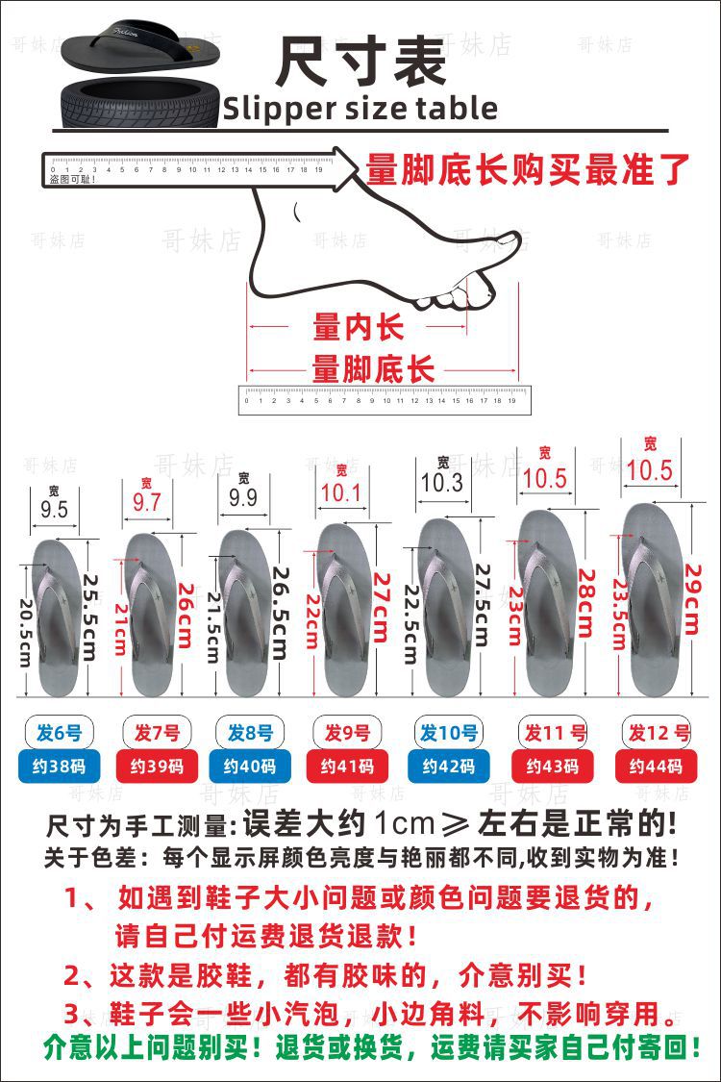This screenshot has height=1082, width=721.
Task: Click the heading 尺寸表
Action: (361, 62)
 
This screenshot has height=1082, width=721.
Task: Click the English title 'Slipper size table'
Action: (360, 109)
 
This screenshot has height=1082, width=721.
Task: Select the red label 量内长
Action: (358, 328)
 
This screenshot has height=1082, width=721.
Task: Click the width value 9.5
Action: (55, 510)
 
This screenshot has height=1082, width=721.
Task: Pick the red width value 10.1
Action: (341, 493)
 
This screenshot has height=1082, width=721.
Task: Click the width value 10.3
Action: (442, 484)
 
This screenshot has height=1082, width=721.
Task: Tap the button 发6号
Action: (60, 733)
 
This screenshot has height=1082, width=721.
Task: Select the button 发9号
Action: (347, 733)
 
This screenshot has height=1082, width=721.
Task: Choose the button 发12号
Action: (659, 733)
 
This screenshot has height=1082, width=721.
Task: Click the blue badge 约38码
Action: (60, 767)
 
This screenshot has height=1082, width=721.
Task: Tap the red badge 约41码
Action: (347, 767)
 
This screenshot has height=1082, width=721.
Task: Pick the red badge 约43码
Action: (557, 767)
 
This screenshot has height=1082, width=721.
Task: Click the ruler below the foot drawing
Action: (383, 399)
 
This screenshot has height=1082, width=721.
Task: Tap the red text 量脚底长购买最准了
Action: (528, 169)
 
